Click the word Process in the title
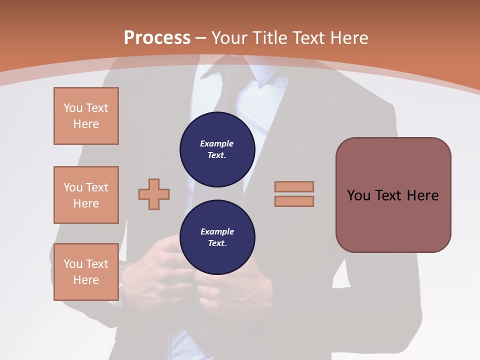157,38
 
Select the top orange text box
86,116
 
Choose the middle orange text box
86,195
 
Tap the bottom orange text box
86,272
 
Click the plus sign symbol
154,194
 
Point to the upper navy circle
217,149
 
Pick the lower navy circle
217,237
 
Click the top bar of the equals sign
294,186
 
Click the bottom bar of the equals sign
294,201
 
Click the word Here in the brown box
422,195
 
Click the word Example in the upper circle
217,144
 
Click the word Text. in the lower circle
217,243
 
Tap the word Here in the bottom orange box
86,280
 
